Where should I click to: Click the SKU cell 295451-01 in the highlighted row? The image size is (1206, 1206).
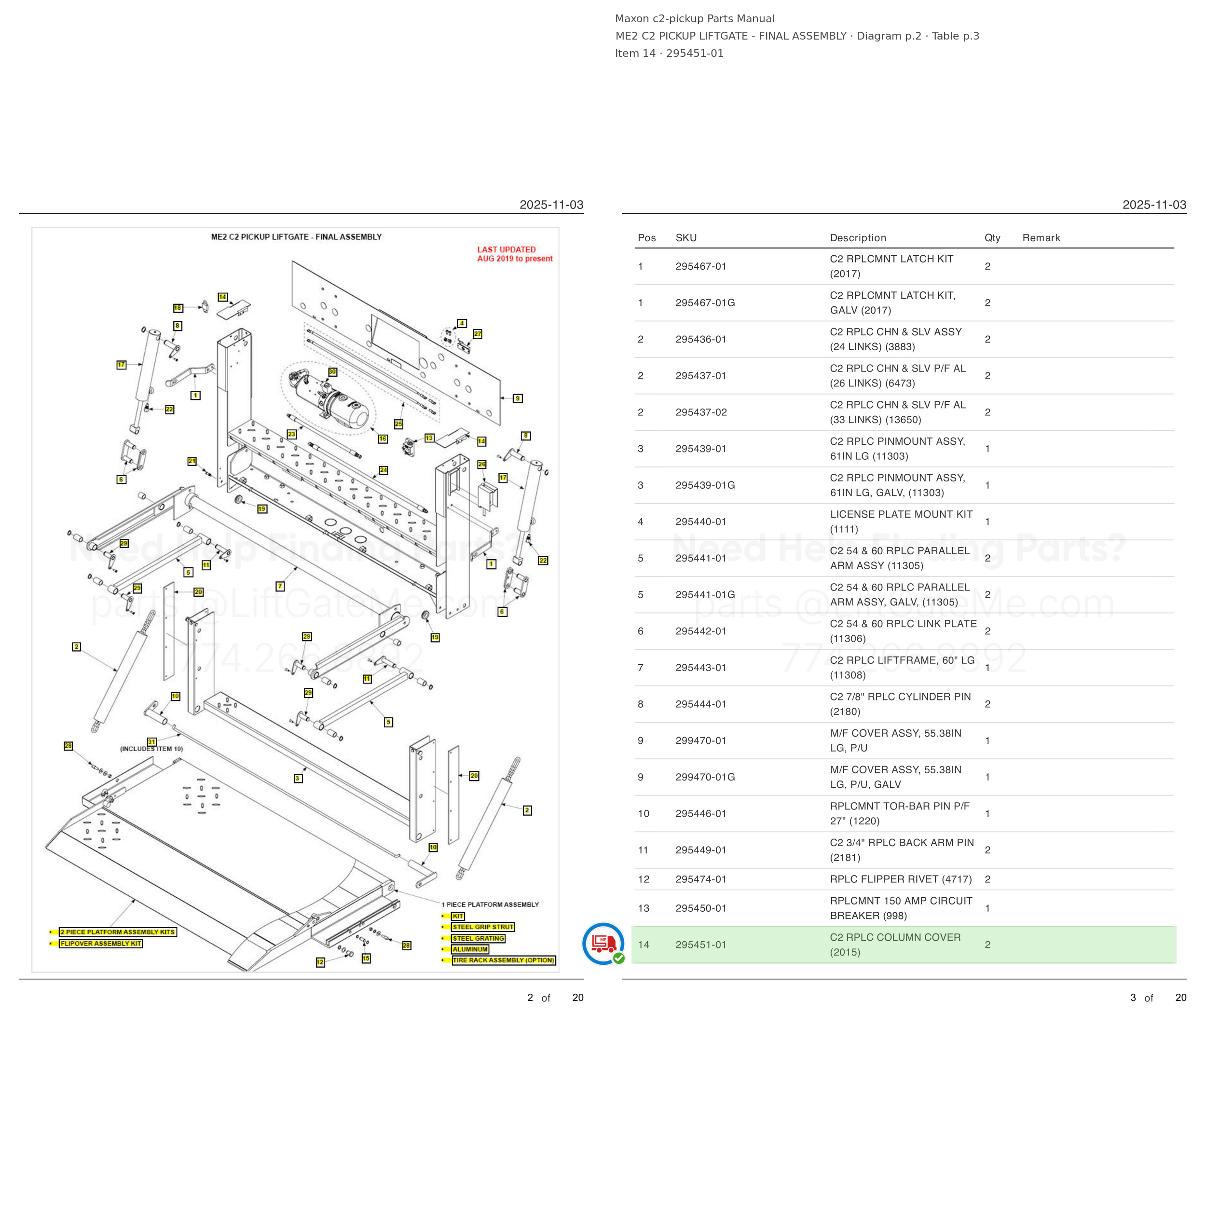(700, 945)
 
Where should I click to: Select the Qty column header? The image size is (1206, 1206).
(992, 238)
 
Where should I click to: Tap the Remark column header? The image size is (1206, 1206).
(1041, 238)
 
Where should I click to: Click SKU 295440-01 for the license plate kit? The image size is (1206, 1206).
(700, 522)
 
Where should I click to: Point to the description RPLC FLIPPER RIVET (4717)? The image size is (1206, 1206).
(901, 879)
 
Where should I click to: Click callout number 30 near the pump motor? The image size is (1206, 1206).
(332, 372)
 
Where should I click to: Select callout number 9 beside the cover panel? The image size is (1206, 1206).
(518, 398)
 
